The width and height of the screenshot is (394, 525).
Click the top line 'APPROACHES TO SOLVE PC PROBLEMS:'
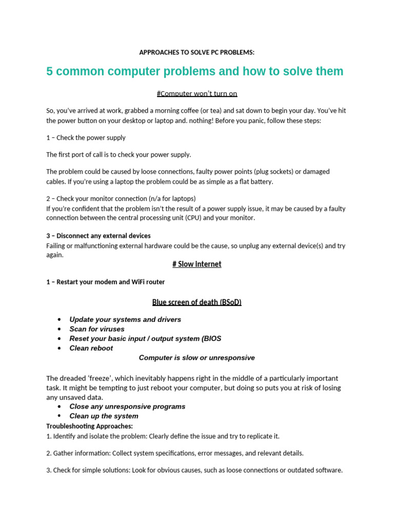tap(196, 52)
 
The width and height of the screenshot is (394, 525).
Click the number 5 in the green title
tap(50, 71)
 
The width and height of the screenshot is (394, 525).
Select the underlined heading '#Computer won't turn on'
tap(196, 93)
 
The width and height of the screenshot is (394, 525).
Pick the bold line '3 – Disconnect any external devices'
tap(98, 236)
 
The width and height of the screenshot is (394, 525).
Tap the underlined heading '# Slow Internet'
tap(196, 264)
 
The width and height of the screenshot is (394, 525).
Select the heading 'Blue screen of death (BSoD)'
tap(196, 302)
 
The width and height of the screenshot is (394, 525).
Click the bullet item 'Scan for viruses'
tap(97, 329)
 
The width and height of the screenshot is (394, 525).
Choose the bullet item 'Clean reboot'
tap(91, 348)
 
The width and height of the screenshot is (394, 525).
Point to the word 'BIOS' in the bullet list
tap(212, 338)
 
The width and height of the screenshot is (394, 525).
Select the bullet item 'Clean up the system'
tap(104, 416)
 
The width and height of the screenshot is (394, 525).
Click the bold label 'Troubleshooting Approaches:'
tap(89, 426)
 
